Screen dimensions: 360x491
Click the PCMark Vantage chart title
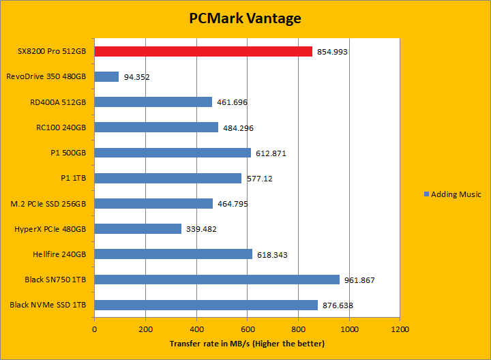[x=245, y=18]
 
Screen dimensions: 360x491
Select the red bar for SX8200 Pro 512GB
[x=203, y=51]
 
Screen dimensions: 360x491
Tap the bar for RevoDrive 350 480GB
[x=106, y=77]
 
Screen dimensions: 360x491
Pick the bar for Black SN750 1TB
[x=217, y=280]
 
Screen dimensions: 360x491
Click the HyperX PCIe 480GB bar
[x=138, y=229]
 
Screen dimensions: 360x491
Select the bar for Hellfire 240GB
[x=173, y=254]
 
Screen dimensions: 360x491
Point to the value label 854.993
[x=333, y=52]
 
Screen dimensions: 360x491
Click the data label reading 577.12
[x=260, y=179]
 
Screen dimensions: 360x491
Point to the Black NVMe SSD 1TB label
[x=48, y=305]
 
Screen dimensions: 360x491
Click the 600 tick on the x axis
[x=247, y=329]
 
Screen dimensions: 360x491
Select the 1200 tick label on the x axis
[x=400, y=329]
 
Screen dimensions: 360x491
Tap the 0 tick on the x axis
[x=94, y=329]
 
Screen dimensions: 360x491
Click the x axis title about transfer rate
[x=247, y=343]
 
